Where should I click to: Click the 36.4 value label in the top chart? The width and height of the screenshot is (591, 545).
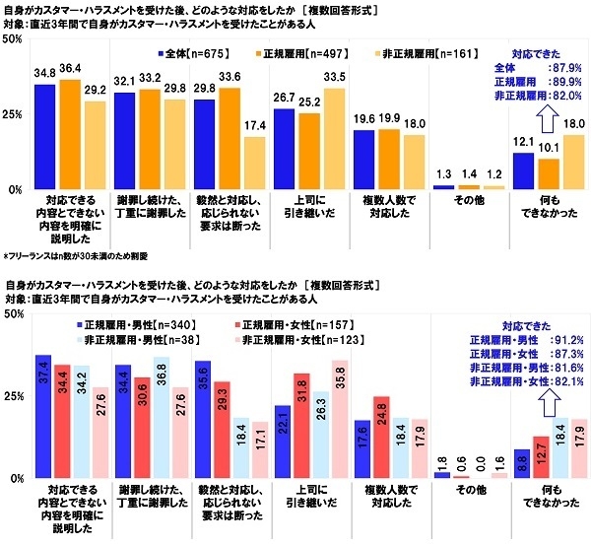[71, 68]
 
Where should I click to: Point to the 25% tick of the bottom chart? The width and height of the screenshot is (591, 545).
[13, 396]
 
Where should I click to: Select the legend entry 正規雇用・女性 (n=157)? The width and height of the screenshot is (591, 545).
[294, 326]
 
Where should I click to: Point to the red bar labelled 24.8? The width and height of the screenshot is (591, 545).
[382, 437]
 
